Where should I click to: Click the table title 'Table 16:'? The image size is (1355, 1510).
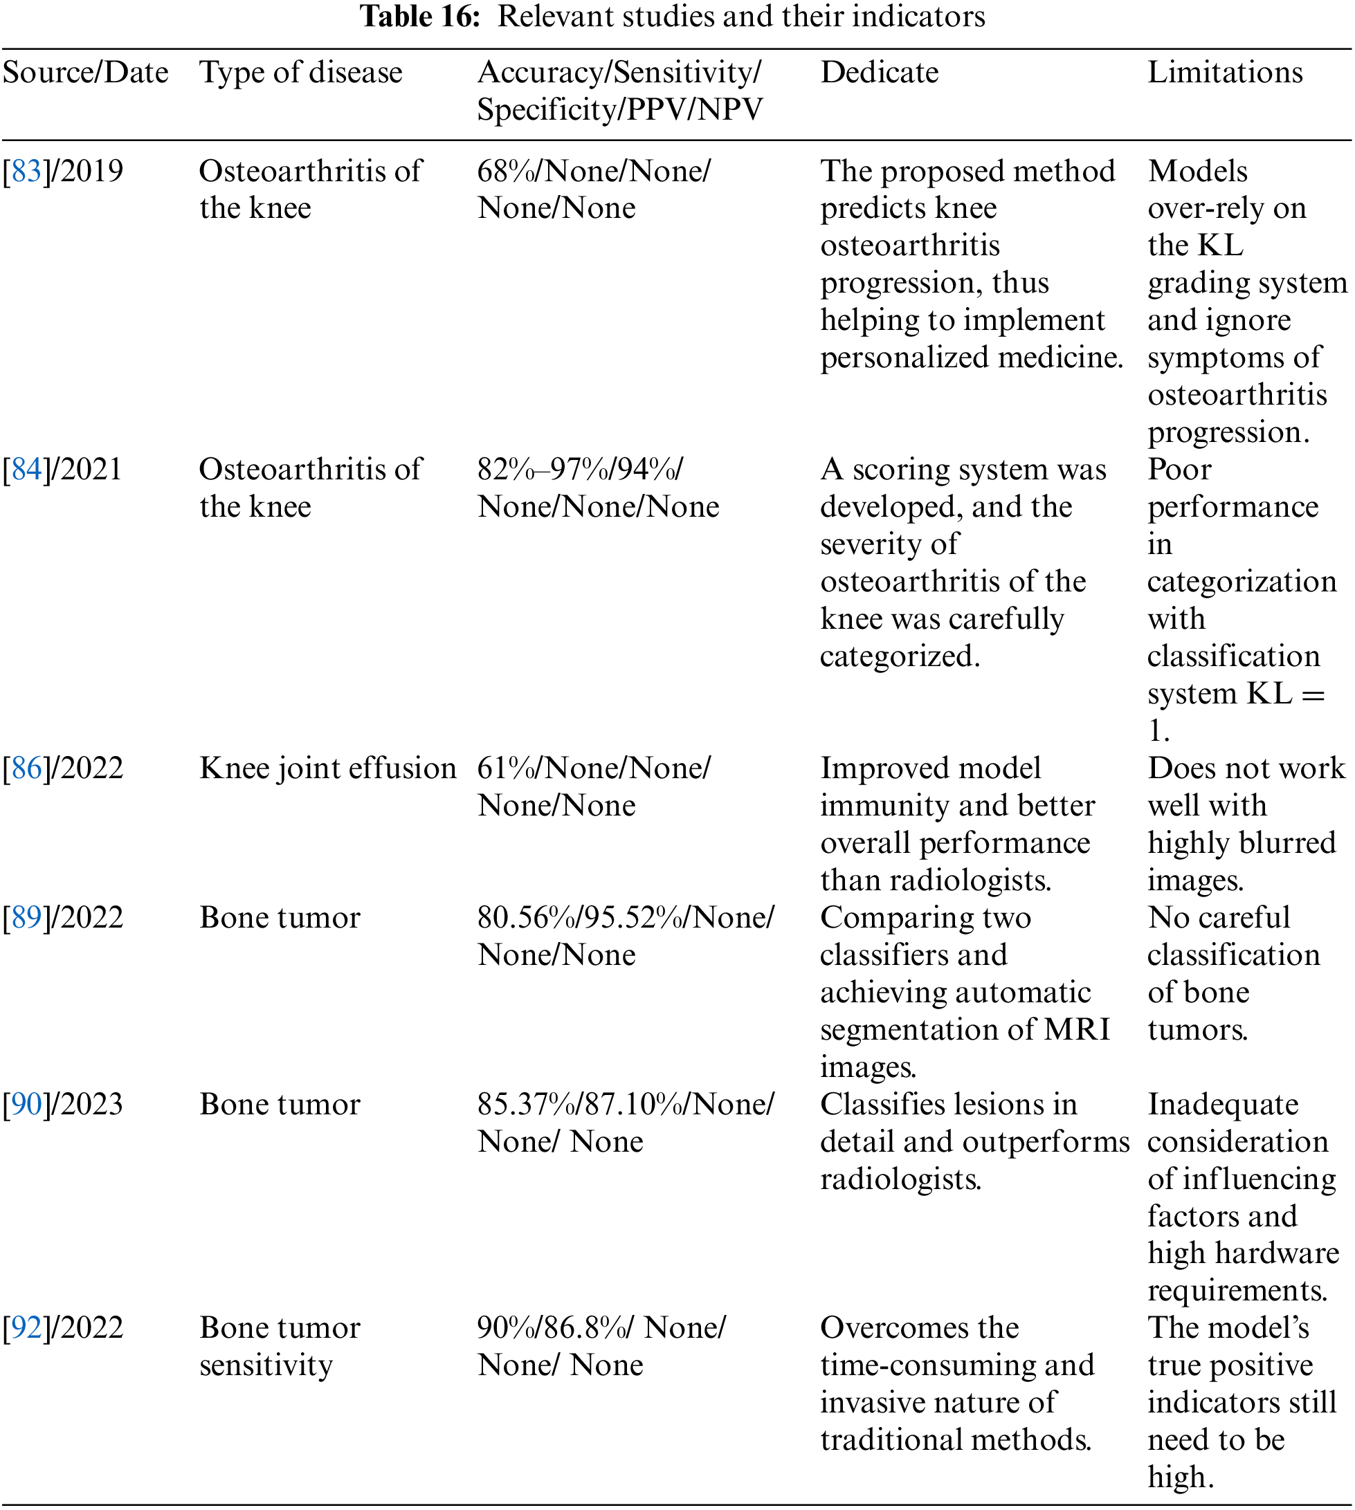421,17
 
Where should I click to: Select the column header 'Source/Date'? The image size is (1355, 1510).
86,73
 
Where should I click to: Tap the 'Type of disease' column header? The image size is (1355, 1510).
301,73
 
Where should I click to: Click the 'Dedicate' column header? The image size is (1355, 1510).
880,73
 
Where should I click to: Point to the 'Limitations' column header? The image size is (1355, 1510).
1225,73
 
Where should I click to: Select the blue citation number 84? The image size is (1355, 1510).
26,470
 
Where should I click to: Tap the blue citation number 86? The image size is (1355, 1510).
26,768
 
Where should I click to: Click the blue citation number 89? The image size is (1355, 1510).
26,919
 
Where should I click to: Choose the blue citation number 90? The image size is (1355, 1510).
26,1105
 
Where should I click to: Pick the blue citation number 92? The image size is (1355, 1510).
26,1328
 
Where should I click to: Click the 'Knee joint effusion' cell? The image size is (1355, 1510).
327,768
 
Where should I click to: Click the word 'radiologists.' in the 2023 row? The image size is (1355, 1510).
900,1179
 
